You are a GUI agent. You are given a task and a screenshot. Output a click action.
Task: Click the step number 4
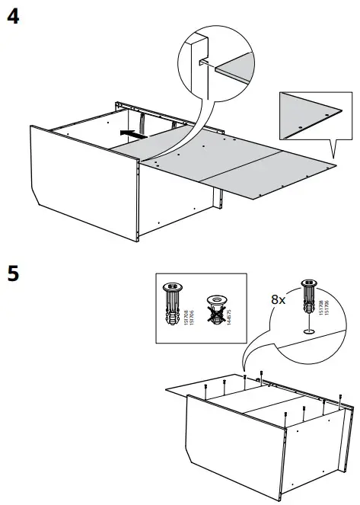pos(13,17)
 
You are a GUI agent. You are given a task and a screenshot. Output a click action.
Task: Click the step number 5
pos(13,273)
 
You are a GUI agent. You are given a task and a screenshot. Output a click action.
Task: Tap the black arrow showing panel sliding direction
pos(135,133)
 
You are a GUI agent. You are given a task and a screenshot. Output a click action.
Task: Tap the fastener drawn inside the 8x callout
pos(310,297)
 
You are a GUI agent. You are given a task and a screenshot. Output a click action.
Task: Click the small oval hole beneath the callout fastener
pos(310,330)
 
